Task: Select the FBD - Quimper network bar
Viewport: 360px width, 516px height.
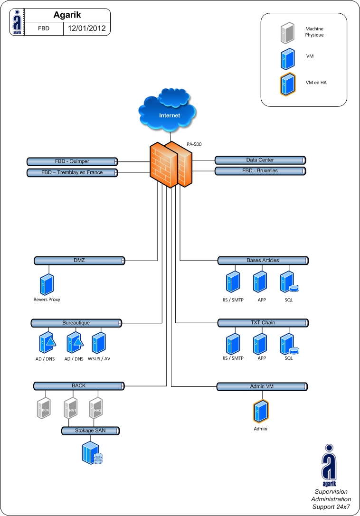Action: coord(72,161)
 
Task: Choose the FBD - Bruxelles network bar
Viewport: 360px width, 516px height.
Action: coord(260,171)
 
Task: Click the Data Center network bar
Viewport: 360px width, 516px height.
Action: coord(260,160)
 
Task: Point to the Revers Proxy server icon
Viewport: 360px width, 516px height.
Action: coord(47,284)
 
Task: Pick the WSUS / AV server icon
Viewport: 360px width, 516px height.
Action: coord(99,342)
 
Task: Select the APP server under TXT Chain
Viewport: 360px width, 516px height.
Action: coord(259,344)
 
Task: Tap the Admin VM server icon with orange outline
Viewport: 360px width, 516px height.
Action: coord(260,412)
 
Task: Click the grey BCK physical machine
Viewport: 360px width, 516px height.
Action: coord(44,409)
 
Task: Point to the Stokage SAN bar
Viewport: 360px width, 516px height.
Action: coord(90,431)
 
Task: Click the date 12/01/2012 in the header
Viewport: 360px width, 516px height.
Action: coord(86,28)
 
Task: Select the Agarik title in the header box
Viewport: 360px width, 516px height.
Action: coord(67,15)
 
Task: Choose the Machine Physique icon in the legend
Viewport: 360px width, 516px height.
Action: coord(287,33)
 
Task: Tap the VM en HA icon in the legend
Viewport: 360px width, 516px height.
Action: coord(287,84)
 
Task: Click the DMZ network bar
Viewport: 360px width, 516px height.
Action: coord(79,261)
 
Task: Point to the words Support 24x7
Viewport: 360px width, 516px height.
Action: coord(331,507)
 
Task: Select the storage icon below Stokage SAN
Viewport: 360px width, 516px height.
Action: coord(92,453)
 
